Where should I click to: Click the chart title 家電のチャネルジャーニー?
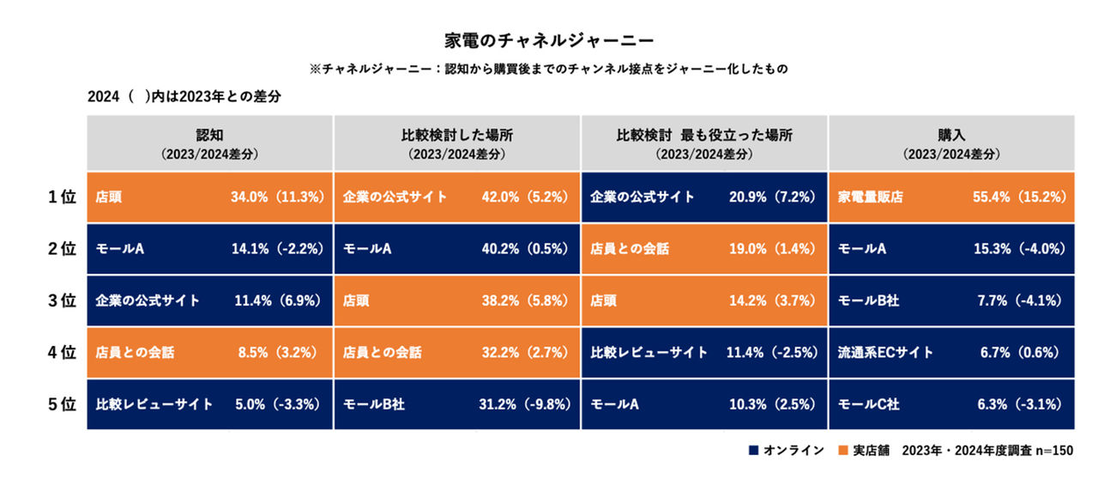pyautogui.click(x=549, y=40)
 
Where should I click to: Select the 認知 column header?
pyautogui.click(x=209, y=143)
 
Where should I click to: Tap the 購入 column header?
pyautogui.click(x=951, y=143)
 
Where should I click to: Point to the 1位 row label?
pyautogui.click(x=63, y=197)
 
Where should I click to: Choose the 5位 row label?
pyautogui.click(x=63, y=404)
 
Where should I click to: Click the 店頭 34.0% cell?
pyautogui.click(x=209, y=197)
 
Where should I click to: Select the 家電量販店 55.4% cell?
pyautogui.click(x=951, y=197)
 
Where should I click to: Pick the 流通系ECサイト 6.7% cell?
pyautogui.click(x=951, y=353)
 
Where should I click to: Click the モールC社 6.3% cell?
pyautogui.click(x=951, y=404)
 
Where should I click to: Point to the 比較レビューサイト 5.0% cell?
pyautogui.click(x=209, y=404)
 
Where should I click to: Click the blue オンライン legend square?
pyautogui.click(x=753, y=451)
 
